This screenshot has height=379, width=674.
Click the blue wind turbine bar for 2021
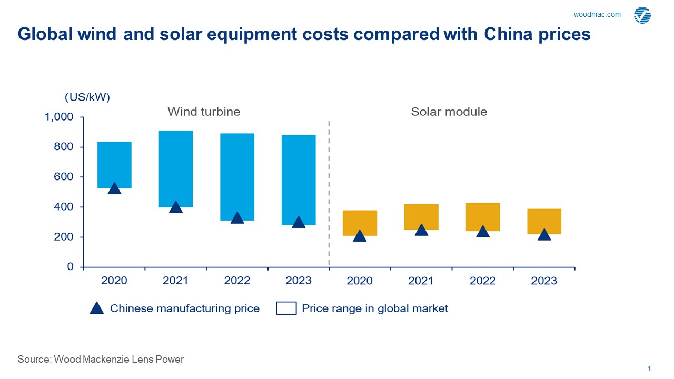click(176, 168)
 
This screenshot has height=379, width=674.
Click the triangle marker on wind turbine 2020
click(114, 188)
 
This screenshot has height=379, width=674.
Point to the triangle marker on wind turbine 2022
click(237, 217)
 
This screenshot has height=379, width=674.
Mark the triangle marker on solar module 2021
click(421, 230)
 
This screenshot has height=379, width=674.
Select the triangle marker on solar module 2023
click(544, 234)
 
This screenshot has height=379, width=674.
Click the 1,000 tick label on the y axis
click(60, 117)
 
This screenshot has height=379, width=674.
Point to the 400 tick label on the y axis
click(64, 207)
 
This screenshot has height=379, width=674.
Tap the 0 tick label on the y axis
click(71, 267)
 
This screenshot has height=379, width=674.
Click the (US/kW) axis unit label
click(87, 97)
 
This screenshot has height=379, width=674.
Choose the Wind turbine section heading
click(204, 112)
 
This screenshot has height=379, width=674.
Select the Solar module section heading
click(449, 112)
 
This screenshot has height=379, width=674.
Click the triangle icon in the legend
click(97, 308)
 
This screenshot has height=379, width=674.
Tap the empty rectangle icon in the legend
click(286, 308)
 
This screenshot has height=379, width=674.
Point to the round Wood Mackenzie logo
click(642, 16)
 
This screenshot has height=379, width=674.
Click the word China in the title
click(506, 34)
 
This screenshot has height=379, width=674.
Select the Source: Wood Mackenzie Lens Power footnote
click(101, 360)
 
